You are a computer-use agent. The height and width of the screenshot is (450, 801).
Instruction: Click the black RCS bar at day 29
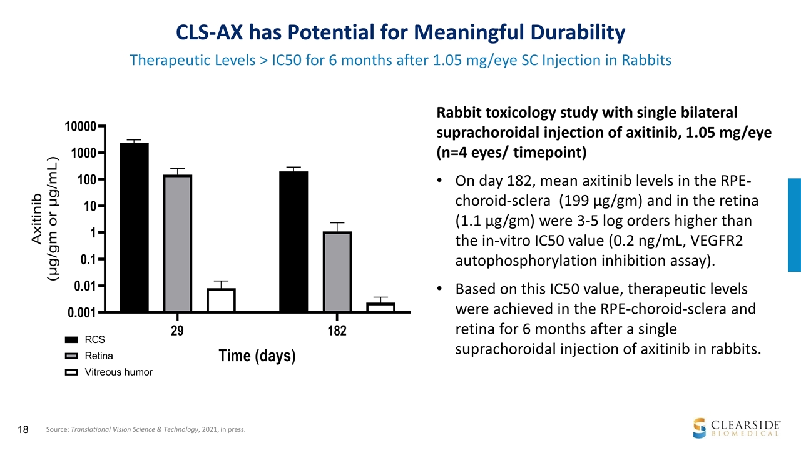134,227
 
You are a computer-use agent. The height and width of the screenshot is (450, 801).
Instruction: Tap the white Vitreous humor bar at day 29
221,300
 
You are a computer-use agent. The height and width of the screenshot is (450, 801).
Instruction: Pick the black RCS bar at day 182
293,241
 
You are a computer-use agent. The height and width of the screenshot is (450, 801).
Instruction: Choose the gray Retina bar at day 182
337,271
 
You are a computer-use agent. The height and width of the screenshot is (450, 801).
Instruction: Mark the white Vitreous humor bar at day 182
380,307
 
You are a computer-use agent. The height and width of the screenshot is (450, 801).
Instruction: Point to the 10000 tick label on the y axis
81,127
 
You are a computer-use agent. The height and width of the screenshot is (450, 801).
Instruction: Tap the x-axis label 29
178,331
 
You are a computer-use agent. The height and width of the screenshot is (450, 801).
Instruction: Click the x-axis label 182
337,331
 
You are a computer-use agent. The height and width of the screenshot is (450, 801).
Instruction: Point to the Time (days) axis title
257,356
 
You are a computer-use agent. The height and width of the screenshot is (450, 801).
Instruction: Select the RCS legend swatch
73,340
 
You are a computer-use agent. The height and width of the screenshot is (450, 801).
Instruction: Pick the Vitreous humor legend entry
118,372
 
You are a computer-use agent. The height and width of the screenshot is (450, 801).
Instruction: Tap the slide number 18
23,429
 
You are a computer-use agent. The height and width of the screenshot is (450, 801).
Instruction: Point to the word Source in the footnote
58,430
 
